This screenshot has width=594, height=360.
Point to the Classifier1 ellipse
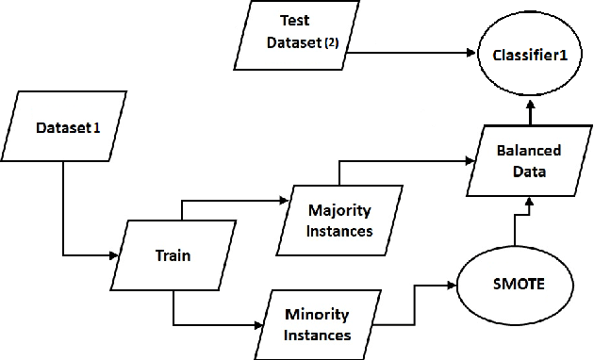528,56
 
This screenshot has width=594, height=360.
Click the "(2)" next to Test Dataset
332,43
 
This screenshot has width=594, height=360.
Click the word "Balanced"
529,150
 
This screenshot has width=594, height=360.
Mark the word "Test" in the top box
295,20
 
